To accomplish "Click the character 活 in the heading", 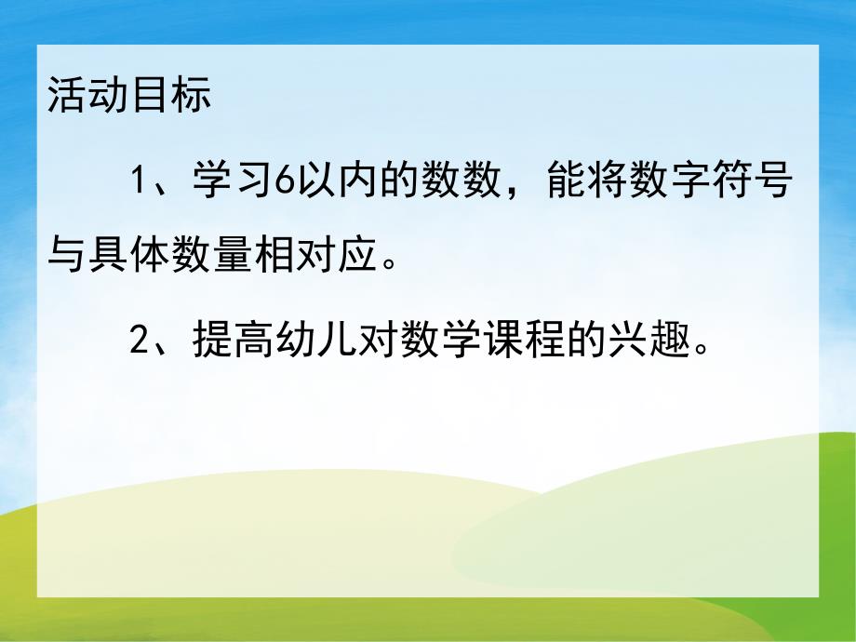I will click(x=66, y=97).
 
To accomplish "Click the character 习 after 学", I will click(x=252, y=181).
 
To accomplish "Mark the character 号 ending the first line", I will click(x=774, y=181).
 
